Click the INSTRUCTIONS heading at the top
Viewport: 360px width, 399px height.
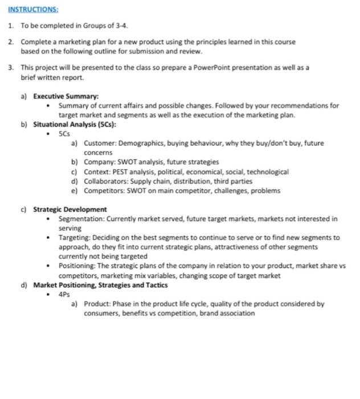(33, 10)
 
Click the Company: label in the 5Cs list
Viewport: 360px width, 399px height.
(99, 162)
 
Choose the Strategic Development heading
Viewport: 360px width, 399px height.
(69, 209)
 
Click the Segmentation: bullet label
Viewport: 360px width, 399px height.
(83, 218)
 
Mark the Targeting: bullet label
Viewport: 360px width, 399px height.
(76, 237)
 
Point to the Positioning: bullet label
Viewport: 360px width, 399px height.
(79, 266)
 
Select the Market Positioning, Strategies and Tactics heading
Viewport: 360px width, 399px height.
(100, 285)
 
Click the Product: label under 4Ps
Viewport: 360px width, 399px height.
(97, 304)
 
